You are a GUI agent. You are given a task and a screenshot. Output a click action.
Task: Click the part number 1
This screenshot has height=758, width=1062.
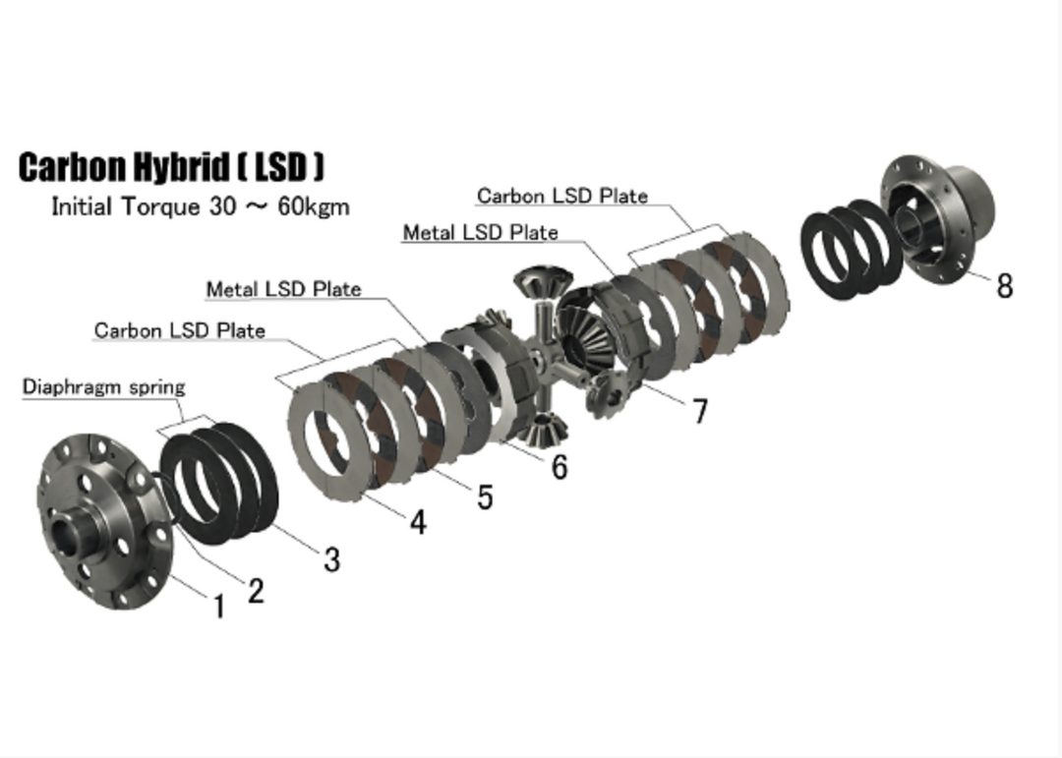point(219,607)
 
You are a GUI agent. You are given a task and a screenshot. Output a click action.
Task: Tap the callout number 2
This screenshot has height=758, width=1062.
point(256,591)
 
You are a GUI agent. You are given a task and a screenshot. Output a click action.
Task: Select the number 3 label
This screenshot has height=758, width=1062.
point(332,559)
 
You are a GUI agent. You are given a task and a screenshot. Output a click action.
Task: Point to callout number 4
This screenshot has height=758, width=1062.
point(419,522)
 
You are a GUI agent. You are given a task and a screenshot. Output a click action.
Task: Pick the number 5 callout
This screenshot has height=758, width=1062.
point(485,496)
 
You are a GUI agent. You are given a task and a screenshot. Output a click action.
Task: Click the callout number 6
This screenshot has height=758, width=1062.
point(560,466)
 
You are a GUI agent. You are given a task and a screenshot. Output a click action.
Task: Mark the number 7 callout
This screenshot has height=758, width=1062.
point(699,411)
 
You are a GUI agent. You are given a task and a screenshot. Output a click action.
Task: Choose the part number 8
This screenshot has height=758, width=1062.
point(1004,286)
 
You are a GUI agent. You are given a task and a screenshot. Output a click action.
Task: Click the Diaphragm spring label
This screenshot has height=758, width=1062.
point(103,386)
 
